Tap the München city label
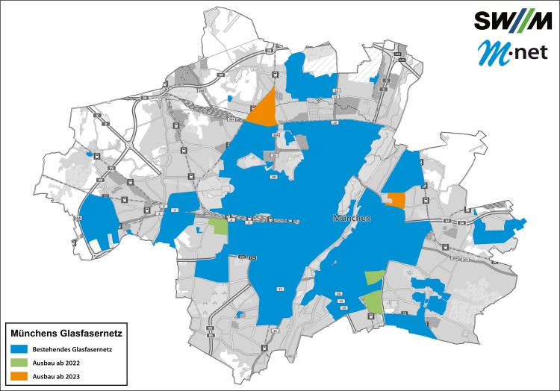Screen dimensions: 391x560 (x=351, y=219)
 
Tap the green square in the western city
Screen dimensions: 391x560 (x=218, y=226)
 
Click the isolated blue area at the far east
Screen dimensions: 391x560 (x=499, y=232)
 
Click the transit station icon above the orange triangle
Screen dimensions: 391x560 (x=275, y=75)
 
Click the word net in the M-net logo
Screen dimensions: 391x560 (x=523, y=54)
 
